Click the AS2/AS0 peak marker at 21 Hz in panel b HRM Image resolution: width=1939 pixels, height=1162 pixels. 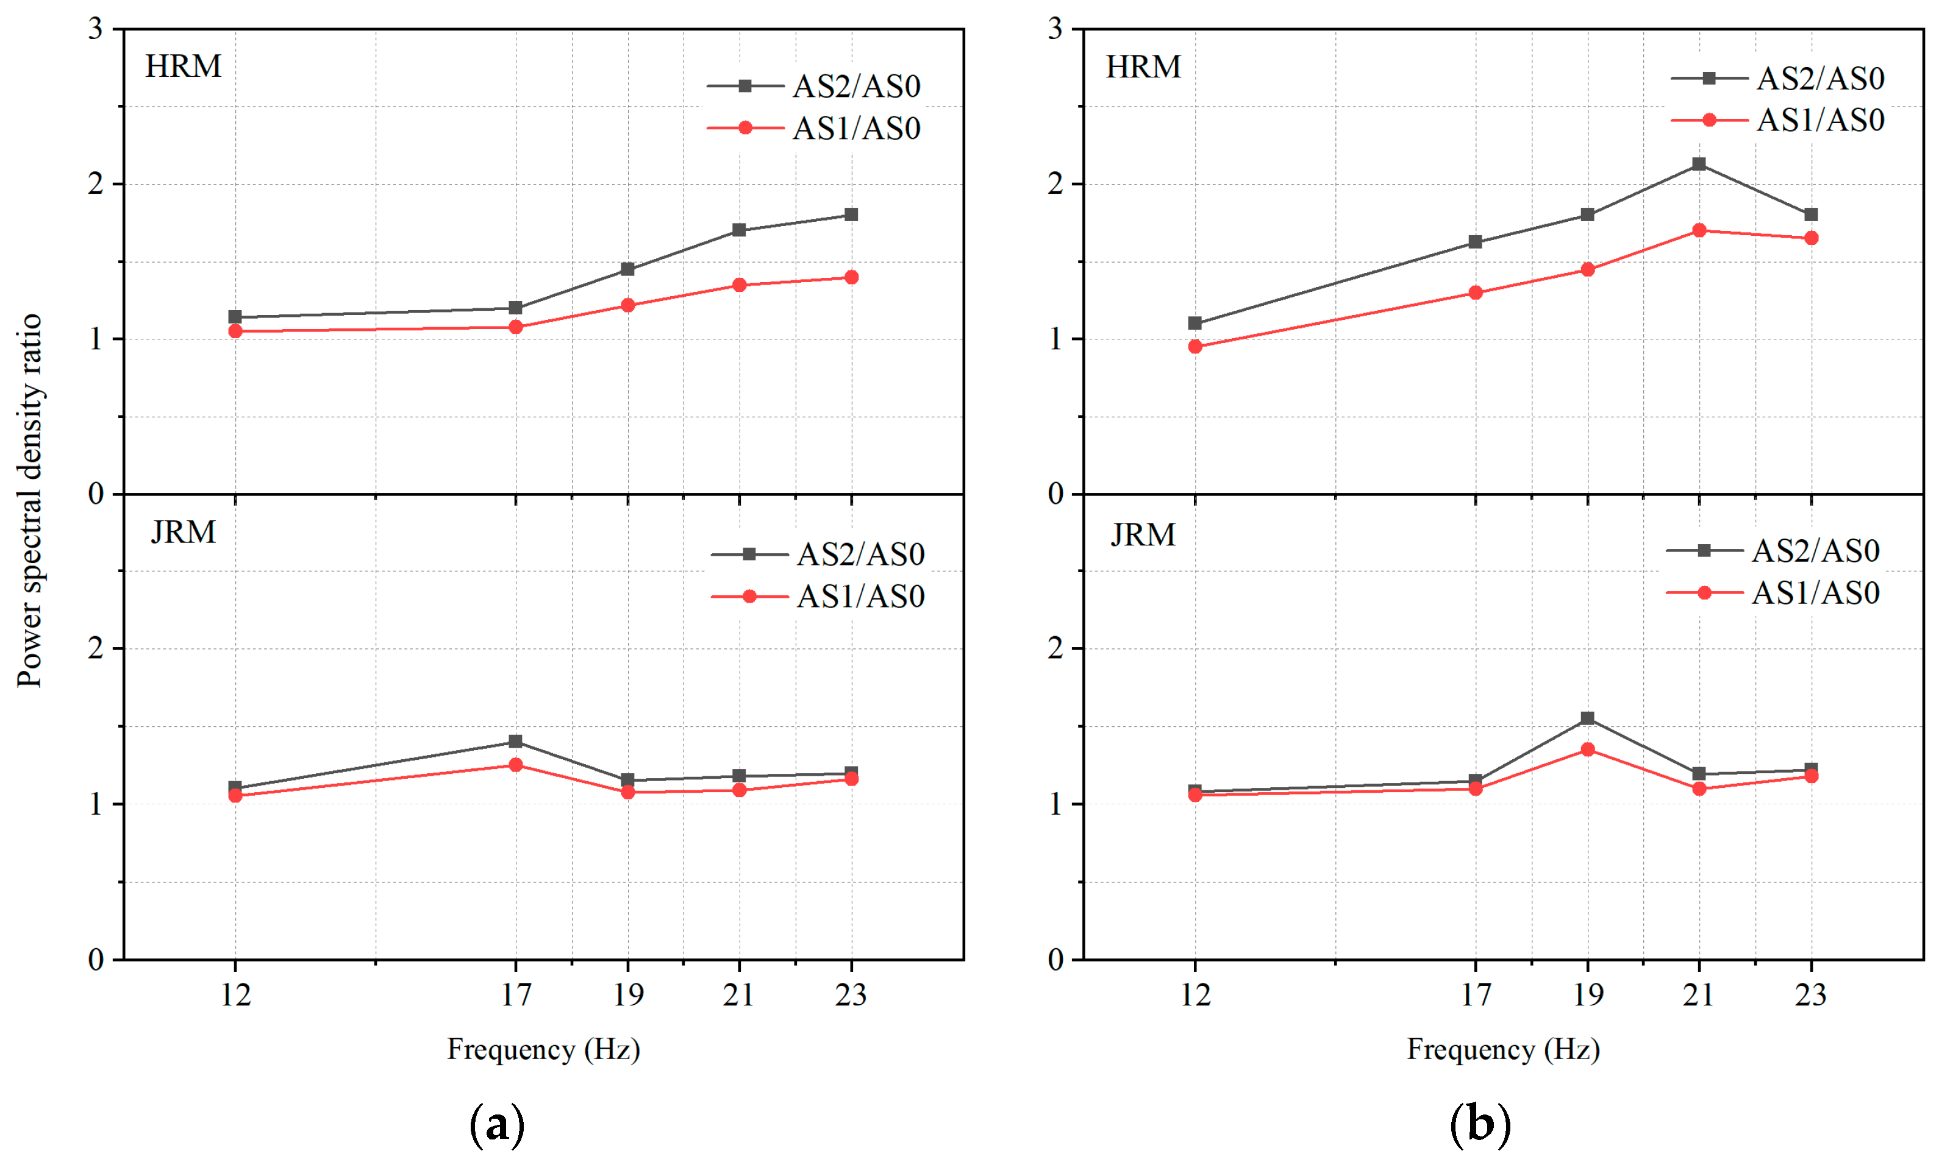1699,164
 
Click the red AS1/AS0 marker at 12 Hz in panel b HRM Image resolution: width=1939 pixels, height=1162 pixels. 1194,346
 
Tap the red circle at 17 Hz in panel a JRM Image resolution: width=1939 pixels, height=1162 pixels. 515,764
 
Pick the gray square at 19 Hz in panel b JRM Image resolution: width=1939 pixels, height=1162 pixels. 1587,718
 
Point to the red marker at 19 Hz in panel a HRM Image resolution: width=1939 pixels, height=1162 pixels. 627,305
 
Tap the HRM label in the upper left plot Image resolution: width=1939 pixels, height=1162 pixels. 184,66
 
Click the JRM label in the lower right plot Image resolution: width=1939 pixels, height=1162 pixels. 1143,535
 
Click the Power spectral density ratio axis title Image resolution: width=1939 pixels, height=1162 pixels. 30,501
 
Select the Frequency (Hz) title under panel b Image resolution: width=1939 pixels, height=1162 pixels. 1502,1049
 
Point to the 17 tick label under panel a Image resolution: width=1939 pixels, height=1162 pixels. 515,995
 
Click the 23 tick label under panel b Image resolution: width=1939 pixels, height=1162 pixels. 1810,995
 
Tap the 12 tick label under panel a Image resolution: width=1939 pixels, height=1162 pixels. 235,995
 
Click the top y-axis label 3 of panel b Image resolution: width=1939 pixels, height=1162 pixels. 1055,29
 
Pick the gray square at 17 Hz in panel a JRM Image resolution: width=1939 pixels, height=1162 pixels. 515,741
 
